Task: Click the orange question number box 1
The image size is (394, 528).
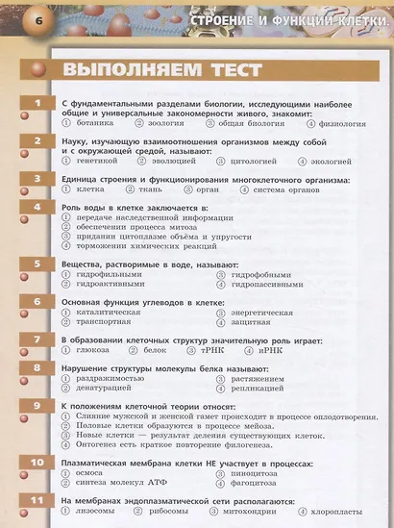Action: pyautogui.click(x=37, y=103)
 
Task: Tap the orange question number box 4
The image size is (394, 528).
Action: pyautogui.click(x=37, y=207)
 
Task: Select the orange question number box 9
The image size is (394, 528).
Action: pyautogui.click(x=37, y=405)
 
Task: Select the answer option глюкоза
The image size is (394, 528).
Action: pyautogui.click(x=92, y=351)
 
